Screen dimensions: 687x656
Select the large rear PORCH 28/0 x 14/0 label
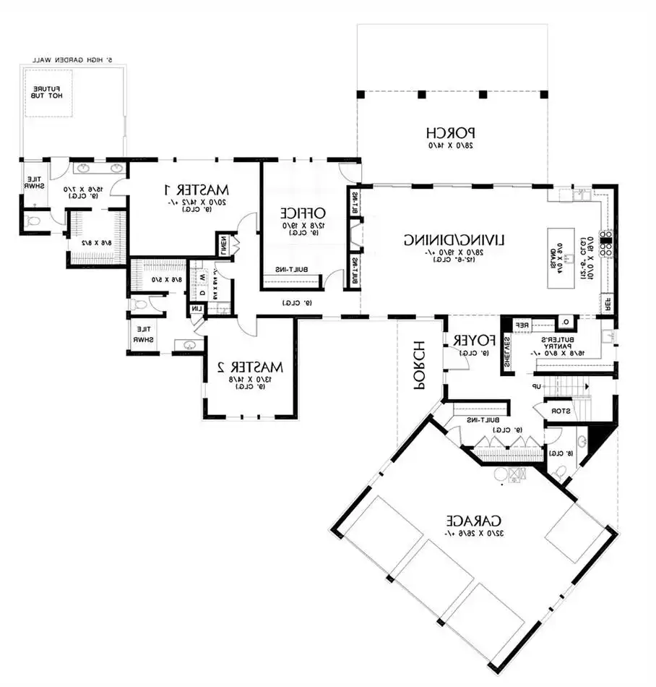pos(451,133)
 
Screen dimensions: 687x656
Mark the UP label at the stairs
pos(537,387)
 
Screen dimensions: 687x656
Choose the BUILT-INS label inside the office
pos(293,270)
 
